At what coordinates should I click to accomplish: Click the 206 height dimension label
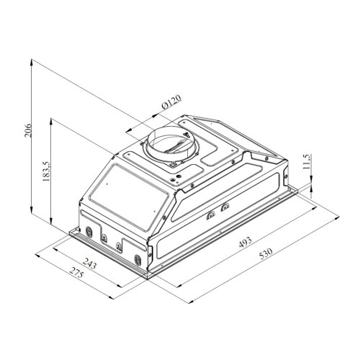pyautogui.click(x=28, y=130)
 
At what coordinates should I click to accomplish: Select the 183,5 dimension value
pyautogui.click(x=46, y=171)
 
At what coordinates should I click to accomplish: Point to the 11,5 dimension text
pyautogui.click(x=307, y=161)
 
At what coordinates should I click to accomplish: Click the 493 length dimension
pyautogui.click(x=246, y=242)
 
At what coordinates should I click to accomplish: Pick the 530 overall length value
pyautogui.click(x=266, y=253)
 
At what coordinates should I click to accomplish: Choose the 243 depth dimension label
pyautogui.click(x=89, y=264)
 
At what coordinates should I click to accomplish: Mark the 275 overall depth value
pyautogui.click(x=76, y=273)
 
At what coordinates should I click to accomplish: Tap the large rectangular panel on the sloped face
pyautogui.click(x=130, y=197)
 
